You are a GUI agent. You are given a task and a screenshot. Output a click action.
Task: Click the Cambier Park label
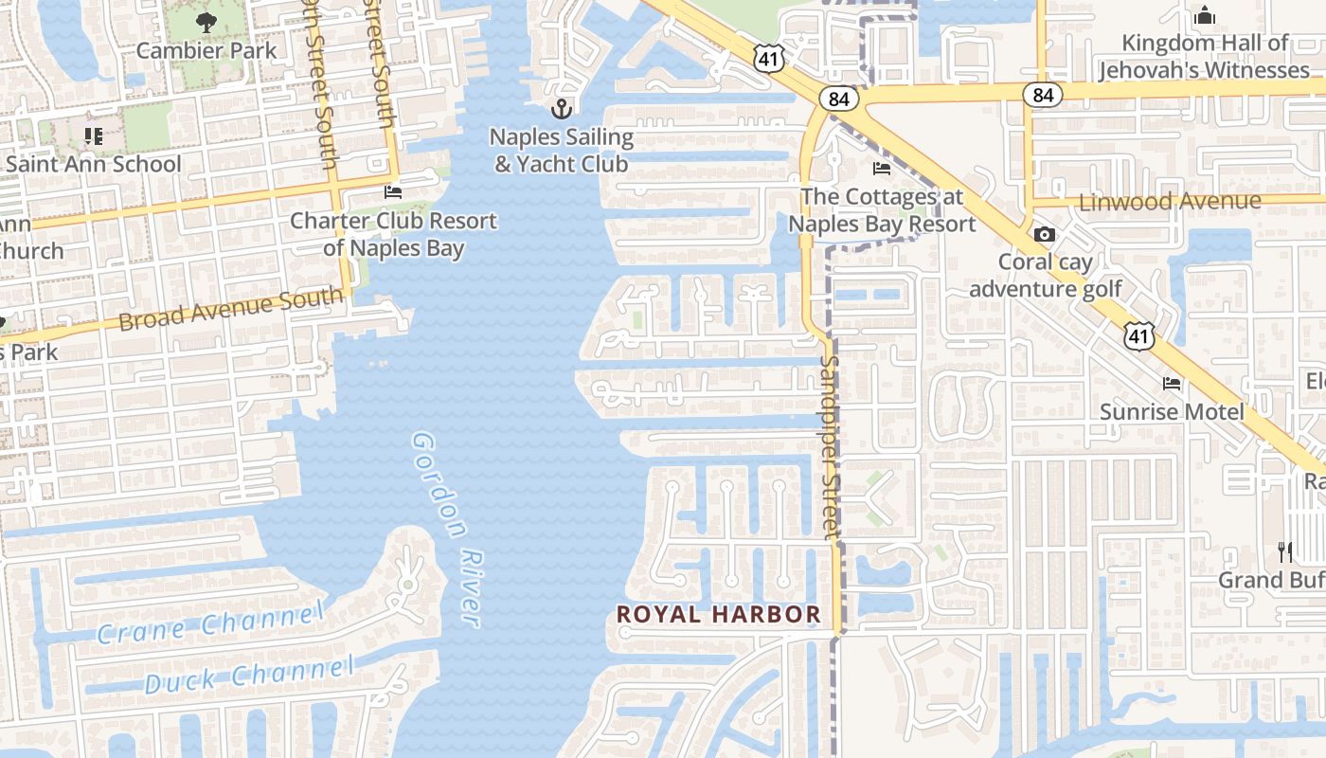206,50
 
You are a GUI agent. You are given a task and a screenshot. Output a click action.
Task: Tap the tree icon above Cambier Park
206,22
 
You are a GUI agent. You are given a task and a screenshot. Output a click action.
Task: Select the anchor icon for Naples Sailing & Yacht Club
562,108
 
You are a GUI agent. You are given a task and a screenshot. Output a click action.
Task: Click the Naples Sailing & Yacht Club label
562,150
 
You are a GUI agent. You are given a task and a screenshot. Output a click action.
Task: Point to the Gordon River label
448,529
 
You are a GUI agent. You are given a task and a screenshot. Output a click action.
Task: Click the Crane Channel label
210,624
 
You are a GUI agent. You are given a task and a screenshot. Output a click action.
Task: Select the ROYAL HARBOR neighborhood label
719,614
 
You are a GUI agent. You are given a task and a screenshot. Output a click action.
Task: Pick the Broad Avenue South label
230,310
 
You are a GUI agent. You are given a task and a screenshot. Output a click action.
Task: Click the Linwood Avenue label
1170,201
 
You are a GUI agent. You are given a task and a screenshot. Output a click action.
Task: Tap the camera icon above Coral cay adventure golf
1045,234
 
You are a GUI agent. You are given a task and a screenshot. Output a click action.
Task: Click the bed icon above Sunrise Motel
1172,384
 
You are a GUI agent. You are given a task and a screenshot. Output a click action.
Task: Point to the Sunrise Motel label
1172,411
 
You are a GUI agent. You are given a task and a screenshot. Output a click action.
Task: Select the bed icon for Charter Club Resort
393,192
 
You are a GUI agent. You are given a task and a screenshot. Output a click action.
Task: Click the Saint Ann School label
93,164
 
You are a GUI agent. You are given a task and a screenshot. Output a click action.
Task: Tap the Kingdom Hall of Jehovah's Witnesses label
1204,56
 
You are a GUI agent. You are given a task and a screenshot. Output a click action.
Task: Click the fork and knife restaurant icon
1285,551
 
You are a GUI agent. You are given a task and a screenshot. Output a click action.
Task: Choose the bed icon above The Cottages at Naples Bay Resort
881,170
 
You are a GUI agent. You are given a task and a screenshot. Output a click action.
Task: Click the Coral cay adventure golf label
1045,275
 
